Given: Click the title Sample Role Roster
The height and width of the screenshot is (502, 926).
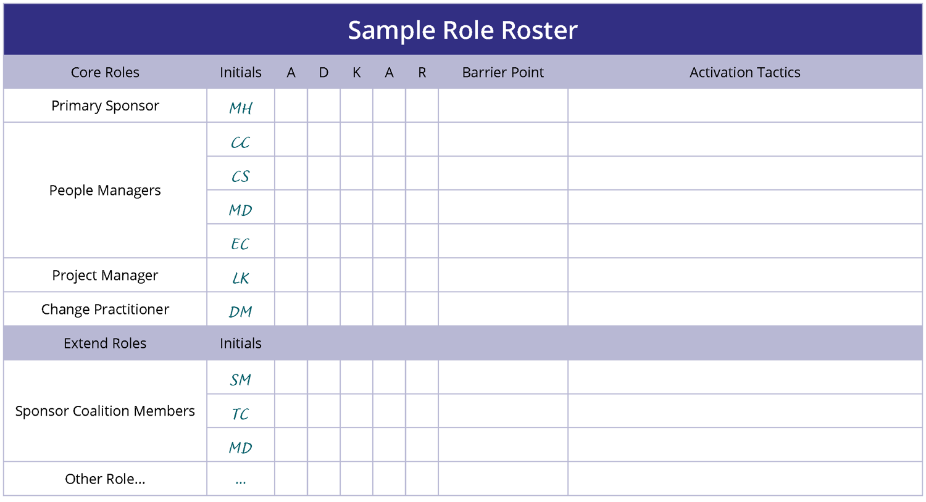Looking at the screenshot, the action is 462,30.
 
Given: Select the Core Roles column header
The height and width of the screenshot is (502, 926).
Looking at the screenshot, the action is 105,72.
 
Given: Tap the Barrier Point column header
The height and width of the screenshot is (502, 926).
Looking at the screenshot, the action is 503,72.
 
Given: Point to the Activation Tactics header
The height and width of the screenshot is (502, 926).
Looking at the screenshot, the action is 745,72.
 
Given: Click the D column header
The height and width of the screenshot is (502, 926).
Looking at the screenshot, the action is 323,73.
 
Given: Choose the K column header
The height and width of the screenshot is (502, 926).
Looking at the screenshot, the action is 356,73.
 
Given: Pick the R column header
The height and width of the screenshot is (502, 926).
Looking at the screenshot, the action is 422,73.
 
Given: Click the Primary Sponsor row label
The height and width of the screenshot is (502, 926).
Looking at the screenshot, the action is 105,106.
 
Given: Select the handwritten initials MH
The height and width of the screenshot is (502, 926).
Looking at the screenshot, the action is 241,108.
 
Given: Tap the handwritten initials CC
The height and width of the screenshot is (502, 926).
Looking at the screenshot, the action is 241,142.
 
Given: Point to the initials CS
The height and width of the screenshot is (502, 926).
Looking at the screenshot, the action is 241,176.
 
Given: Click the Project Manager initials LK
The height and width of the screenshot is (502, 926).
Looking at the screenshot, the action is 241,278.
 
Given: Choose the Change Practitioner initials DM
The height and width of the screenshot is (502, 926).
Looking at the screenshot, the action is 241,311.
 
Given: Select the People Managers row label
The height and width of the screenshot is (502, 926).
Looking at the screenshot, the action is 105,191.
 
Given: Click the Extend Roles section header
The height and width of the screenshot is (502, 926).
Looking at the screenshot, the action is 105,343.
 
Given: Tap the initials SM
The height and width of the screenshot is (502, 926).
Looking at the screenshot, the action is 241,380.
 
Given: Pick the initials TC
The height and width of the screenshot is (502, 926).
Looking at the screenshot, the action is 241,414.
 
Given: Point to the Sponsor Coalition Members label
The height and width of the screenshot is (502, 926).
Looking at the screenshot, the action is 105,411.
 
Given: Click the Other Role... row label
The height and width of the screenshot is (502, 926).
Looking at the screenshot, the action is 105,479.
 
